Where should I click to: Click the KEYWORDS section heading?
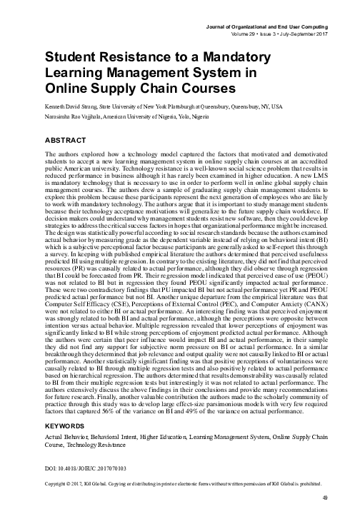pos(66,406)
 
